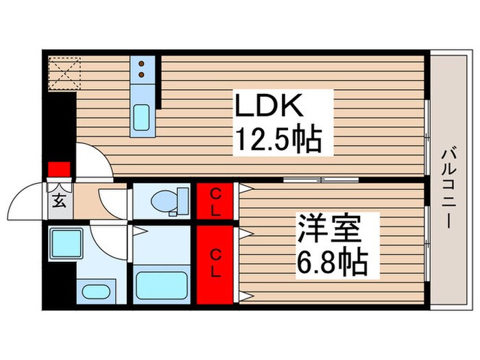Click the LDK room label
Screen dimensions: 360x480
(x=267, y=108)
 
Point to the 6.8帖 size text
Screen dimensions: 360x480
(x=332, y=261)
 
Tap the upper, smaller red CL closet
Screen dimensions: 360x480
(x=215, y=201)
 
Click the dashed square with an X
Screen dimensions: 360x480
(x=64, y=71)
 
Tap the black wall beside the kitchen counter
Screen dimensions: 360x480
(x=158, y=82)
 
